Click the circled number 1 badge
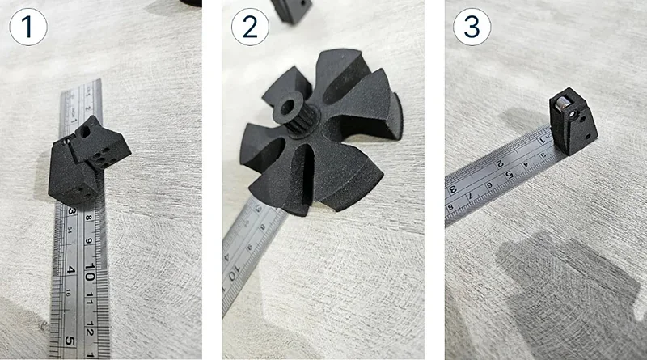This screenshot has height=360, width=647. pyautogui.click(x=27, y=28)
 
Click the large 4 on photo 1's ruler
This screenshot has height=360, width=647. pyautogui.click(x=71, y=269)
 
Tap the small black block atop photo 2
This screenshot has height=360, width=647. pyautogui.click(x=291, y=10)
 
